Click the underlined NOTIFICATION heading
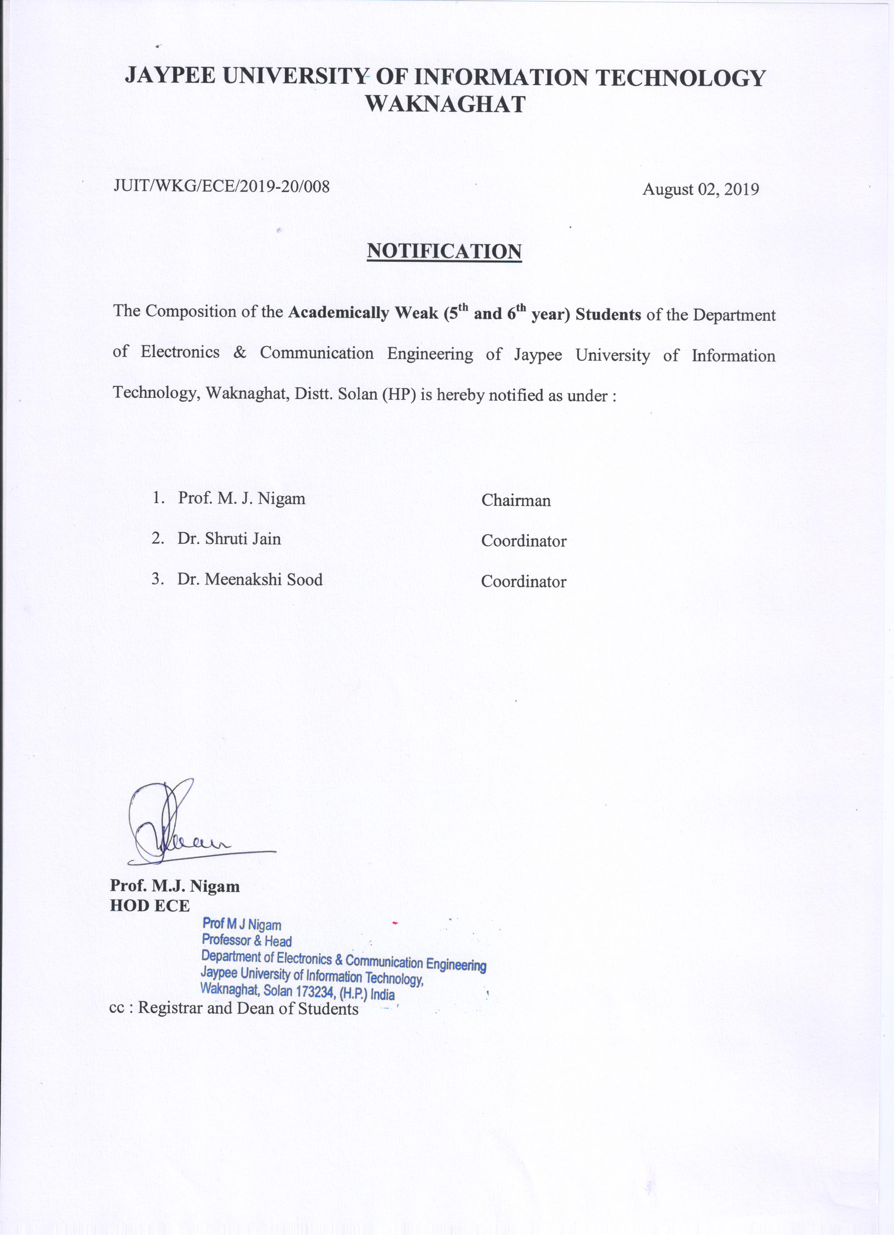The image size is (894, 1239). coord(444,251)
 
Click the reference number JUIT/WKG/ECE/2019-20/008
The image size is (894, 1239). coord(221,187)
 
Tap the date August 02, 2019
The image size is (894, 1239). coord(701,190)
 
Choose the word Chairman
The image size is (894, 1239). coord(516,500)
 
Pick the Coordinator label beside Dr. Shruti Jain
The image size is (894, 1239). coord(523,541)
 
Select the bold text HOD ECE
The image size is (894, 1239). coord(150,906)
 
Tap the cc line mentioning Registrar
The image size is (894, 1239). coord(234,1008)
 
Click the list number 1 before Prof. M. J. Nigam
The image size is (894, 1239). coord(158,498)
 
